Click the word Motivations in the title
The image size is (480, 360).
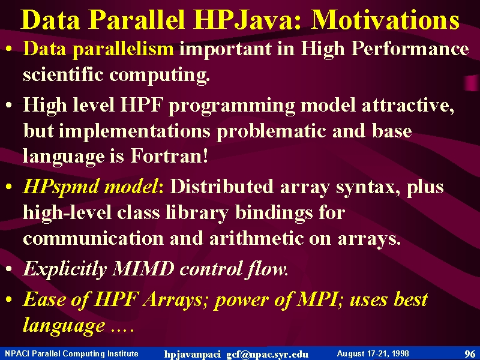point(385,20)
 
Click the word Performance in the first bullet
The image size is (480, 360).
point(410,49)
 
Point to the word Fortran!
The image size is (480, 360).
point(170,155)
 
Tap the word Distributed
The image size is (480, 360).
point(221,186)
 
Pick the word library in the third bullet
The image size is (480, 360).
point(197,213)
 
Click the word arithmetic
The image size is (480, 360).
point(257,238)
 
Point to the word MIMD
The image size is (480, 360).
point(143,269)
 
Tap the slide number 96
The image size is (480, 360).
point(470,354)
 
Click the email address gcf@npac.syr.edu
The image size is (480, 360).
point(267,354)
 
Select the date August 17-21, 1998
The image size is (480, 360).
point(373,353)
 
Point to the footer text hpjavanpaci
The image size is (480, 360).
point(192,355)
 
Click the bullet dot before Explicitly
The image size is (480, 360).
point(9,269)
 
